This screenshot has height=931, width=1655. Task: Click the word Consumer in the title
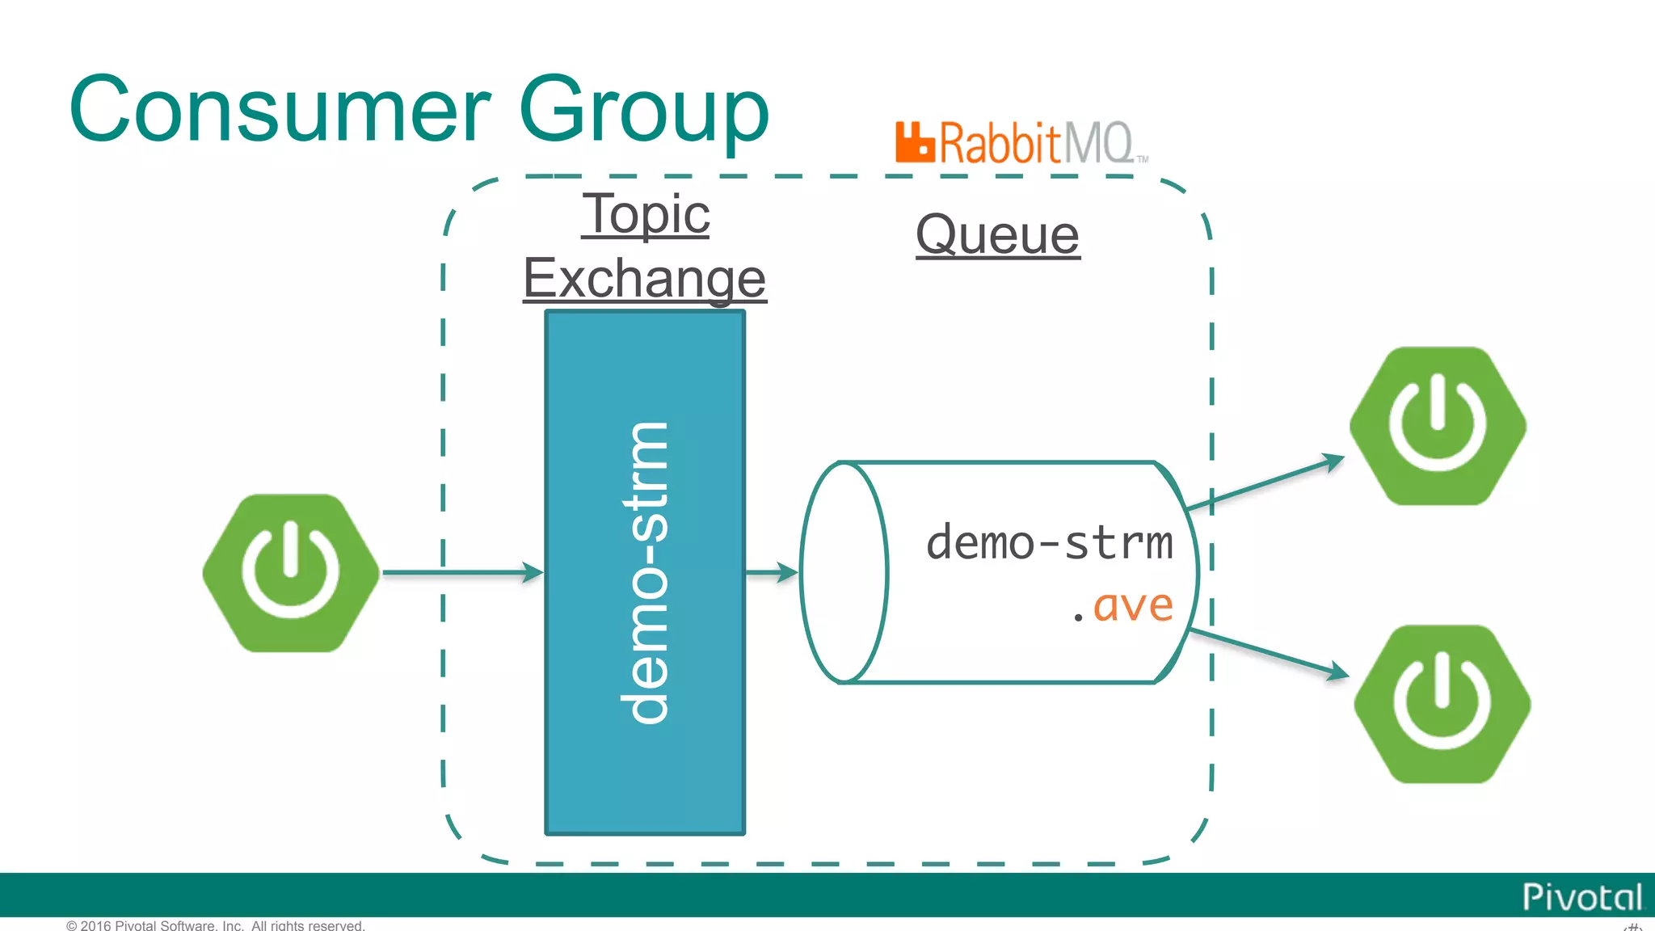point(280,109)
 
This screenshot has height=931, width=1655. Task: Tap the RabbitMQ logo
point(1021,143)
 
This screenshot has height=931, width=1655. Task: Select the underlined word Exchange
point(644,278)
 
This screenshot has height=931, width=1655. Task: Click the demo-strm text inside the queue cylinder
point(1049,542)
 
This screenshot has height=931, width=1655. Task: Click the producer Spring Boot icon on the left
point(291,572)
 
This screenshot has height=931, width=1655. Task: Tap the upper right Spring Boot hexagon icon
point(1438,426)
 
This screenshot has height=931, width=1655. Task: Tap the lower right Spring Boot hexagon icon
point(1442,703)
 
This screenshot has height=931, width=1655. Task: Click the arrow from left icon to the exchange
point(461,572)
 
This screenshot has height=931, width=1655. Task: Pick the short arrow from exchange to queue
point(771,572)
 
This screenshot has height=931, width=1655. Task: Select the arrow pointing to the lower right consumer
point(1269,652)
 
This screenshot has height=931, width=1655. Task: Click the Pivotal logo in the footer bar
point(1581,897)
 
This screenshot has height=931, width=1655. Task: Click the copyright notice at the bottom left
point(216,925)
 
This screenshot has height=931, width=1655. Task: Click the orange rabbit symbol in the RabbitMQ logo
point(915,142)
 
